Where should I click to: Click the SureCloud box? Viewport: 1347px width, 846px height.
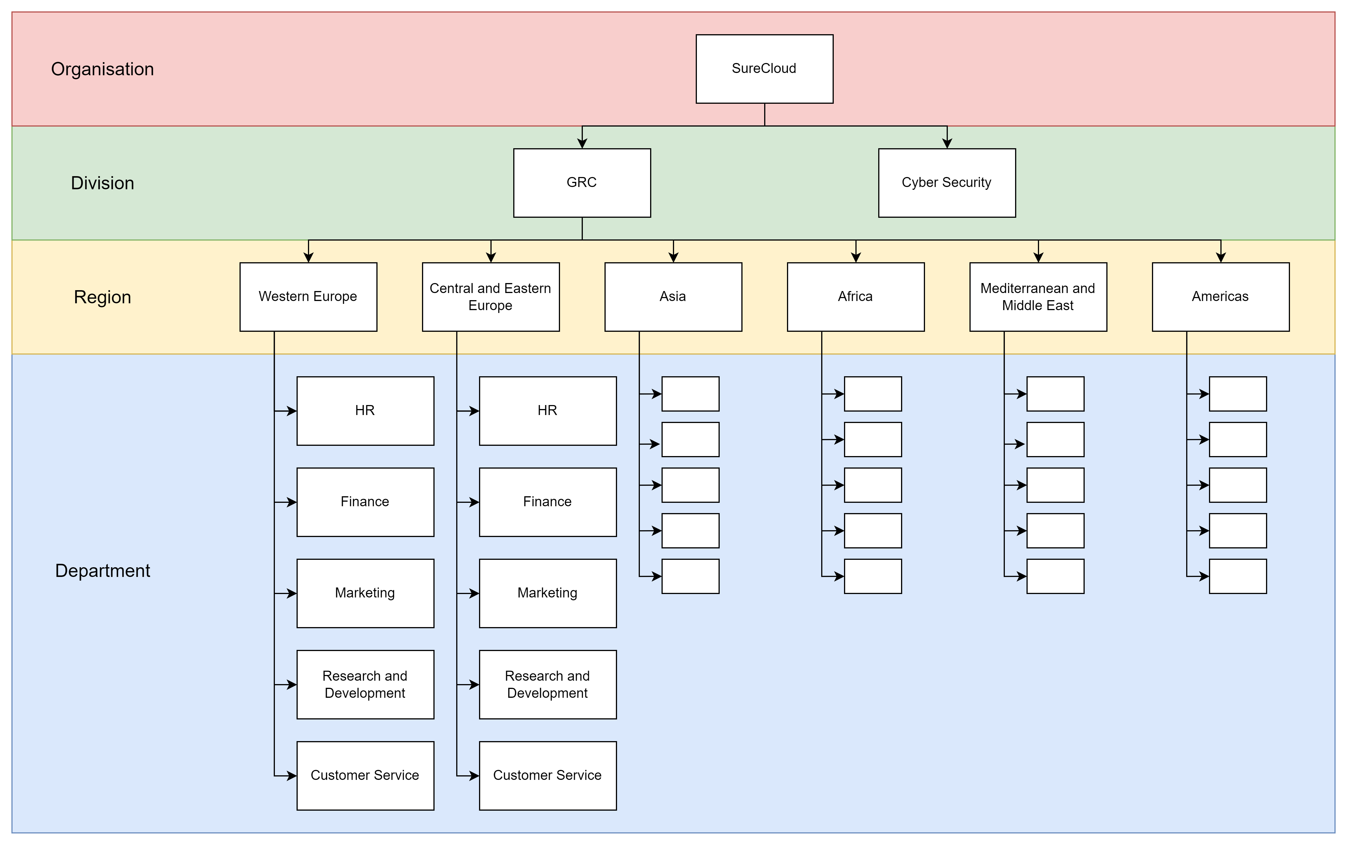764,69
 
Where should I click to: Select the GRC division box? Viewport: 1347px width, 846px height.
582,183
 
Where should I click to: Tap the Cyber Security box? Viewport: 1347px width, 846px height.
946,183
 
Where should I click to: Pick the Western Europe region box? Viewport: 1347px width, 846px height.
308,297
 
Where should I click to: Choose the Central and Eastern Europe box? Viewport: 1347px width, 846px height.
490,297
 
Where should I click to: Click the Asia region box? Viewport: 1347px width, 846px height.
673,297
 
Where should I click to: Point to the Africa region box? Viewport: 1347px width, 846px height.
855,297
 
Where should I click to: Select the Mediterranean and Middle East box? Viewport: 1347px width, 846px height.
1038,297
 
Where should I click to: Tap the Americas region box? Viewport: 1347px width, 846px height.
1221,297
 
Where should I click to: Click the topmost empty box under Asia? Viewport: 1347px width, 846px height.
690,394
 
